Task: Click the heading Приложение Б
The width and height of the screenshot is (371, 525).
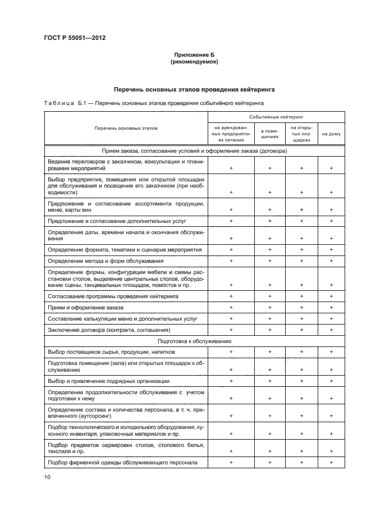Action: (x=194, y=54)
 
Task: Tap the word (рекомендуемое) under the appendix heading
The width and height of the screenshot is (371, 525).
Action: (x=194, y=62)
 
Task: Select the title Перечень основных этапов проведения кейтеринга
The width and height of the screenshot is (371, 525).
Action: (x=194, y=89)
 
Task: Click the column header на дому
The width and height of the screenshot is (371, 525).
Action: (x=331, y=134)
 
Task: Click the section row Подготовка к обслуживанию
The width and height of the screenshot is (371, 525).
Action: (x=195, y=341)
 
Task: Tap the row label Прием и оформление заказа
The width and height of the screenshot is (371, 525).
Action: (x=86, y=308)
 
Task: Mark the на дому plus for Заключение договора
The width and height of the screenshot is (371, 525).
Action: (x=331, y=330)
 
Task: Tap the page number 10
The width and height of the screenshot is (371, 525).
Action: (x=48, y=477)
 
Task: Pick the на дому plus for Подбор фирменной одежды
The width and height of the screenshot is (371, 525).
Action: (x=331, y=462)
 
